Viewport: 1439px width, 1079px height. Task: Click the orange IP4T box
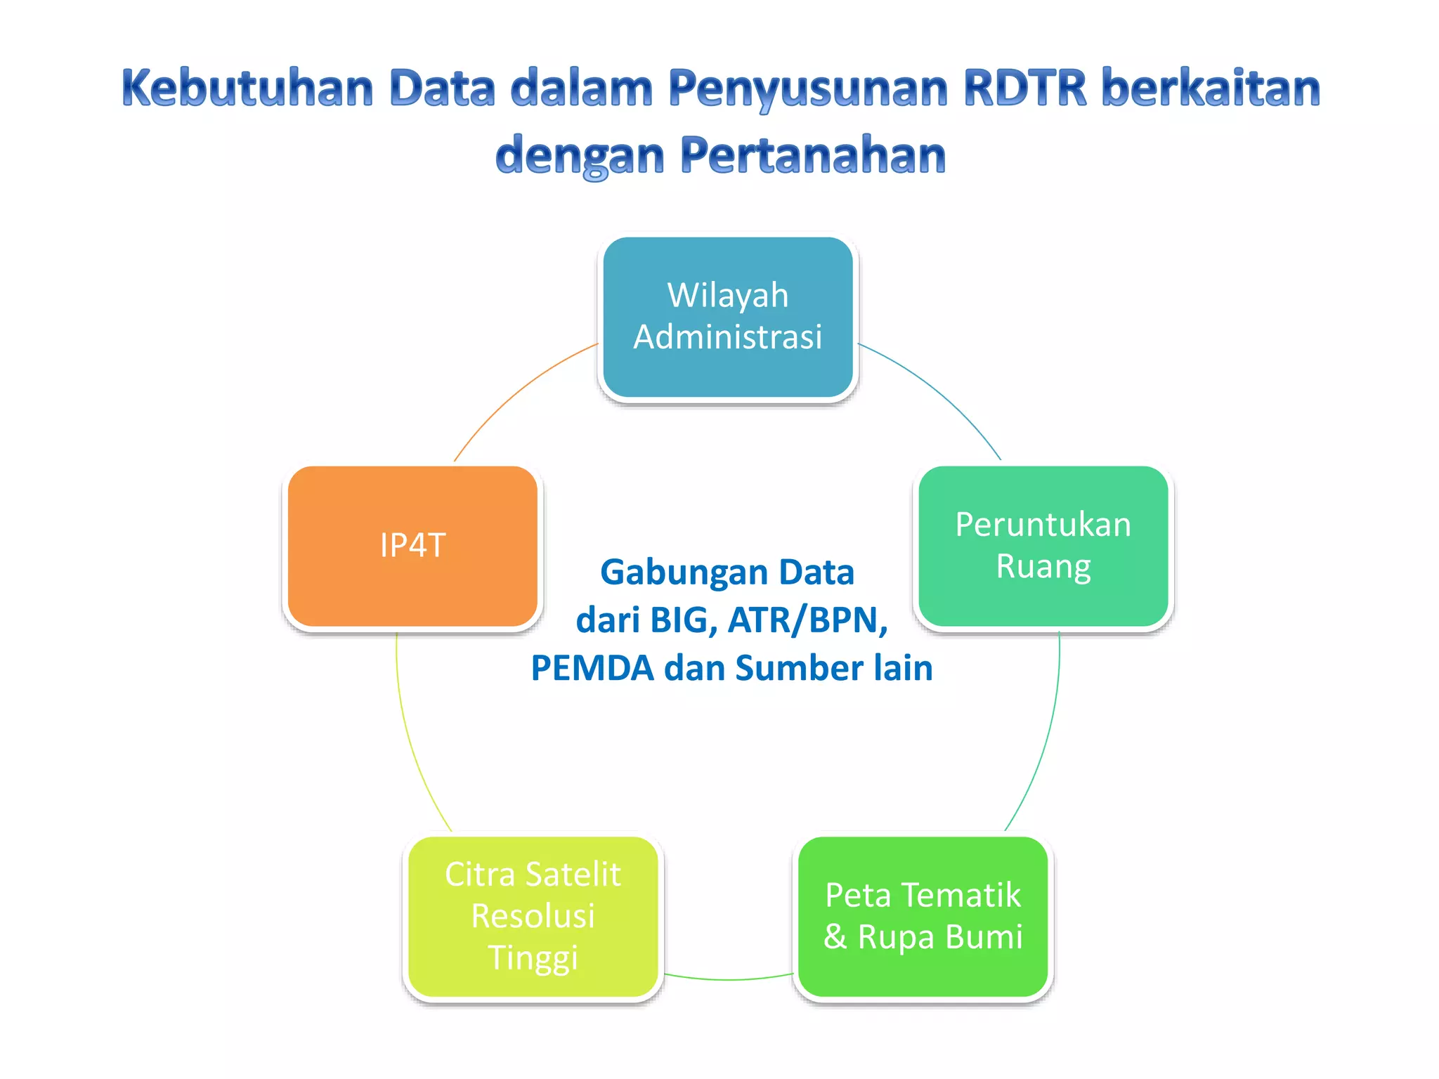pyautogui.click(x=412, y=546)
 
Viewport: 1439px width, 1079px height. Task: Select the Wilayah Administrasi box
pyautogui.click(x=728, y=317)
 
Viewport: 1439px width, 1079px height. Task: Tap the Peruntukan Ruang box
pyautogui.click(x=1043, y=546)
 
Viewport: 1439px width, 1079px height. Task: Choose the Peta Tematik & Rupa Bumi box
pyautogui.click(x=923, y=916)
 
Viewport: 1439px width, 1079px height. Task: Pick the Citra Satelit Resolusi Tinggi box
pyautogui.click(x=533, y=916)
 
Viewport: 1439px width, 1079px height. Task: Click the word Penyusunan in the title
pyautogui.click(x=808, y=89)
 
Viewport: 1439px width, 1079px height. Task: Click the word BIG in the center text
pyautogui.click(x=679, y=620)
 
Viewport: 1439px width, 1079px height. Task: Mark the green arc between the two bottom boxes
pyautogui.click(x=728, y=979)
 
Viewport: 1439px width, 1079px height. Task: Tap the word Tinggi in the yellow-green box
pyautogui.click(x=533, y=958)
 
